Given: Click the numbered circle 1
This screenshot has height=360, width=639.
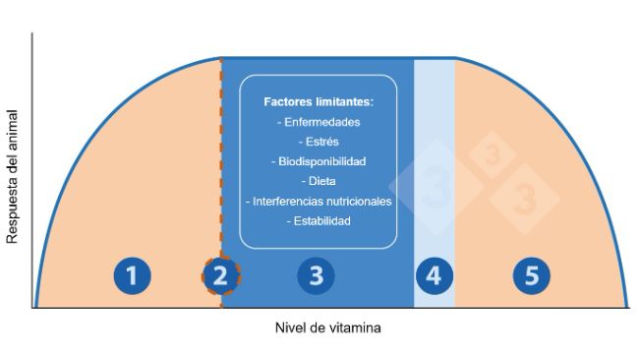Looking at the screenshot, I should [132, 276].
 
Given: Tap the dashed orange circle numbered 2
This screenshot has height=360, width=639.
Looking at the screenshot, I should [221, 276].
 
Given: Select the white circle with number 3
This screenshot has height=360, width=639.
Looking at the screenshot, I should [316, 276].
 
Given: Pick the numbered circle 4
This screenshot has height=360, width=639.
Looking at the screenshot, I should [434, 276].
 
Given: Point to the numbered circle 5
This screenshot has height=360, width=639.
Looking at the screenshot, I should [531, 276].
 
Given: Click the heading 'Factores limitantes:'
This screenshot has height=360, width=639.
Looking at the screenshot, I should [319, 101].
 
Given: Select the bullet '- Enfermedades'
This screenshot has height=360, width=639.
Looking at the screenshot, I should [319, 122].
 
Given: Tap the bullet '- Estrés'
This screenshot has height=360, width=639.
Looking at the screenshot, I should [319, 142].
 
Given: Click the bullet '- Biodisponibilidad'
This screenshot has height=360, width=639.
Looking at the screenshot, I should [319, 161].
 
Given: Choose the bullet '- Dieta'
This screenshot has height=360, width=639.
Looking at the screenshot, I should [319, 181].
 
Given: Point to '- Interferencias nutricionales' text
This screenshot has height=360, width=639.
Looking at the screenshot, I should [319, 202].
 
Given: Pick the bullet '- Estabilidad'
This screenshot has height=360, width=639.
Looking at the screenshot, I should [319, 221].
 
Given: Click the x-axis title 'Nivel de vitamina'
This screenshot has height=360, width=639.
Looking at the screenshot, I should [327, 328].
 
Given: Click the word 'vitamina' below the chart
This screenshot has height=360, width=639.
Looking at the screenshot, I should [355, 328].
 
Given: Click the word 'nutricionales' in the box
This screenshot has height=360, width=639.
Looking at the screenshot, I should [360, 202].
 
